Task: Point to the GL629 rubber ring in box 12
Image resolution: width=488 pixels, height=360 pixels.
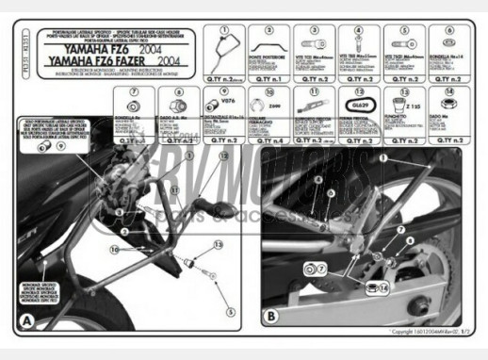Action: coord(360,106)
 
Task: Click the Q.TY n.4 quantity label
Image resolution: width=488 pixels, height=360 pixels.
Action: coord(268,139)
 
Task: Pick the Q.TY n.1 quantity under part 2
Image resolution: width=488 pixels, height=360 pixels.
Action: coord(268,79)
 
